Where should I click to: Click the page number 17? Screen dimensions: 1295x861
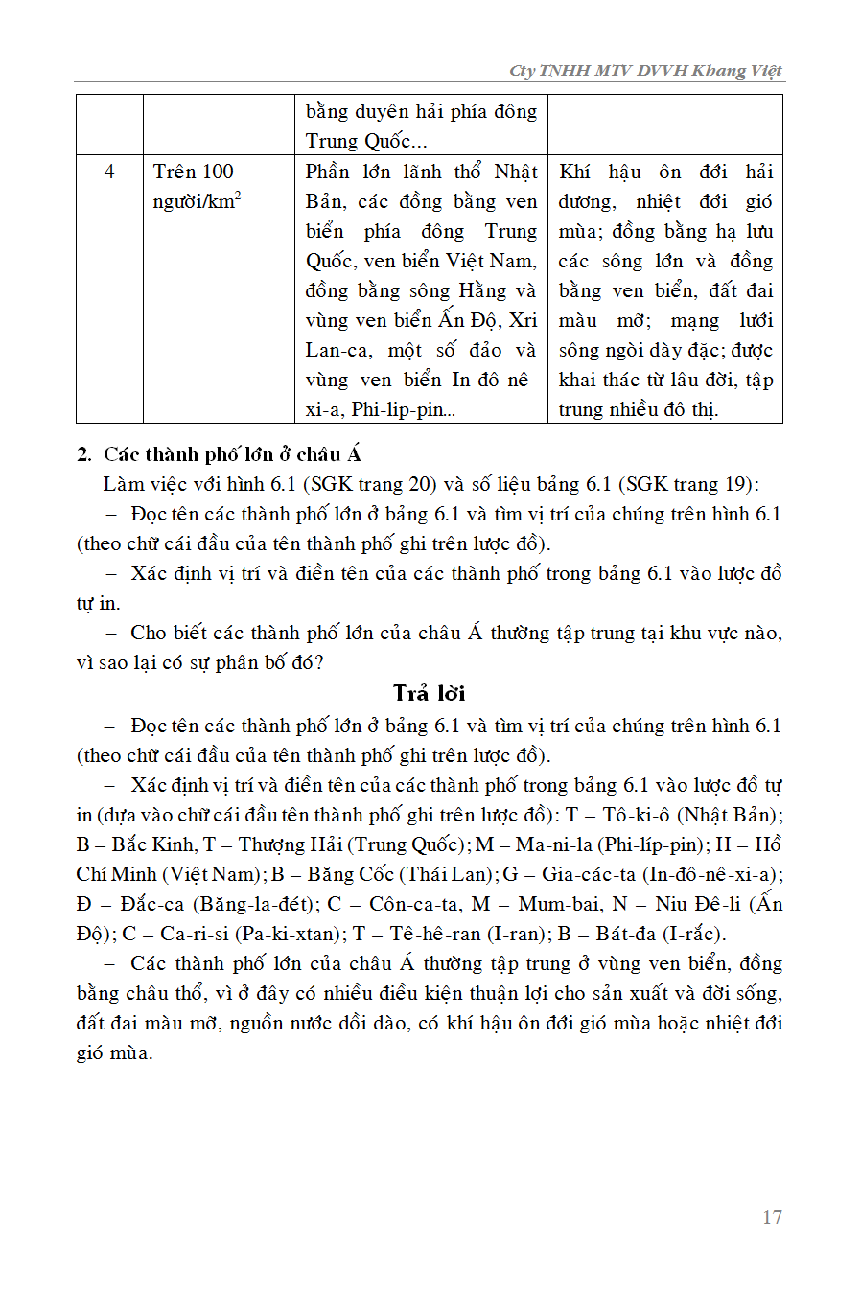772,1217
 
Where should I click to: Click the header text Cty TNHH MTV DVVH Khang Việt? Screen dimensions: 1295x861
645,70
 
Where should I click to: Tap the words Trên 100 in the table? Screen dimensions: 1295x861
193,172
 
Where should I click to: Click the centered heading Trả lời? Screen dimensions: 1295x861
429,693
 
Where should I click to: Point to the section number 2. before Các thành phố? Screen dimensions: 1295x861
85,454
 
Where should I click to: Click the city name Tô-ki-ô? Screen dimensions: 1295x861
640,815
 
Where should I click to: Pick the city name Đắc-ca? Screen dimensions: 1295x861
154,904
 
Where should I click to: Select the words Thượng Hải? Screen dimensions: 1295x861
285,844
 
